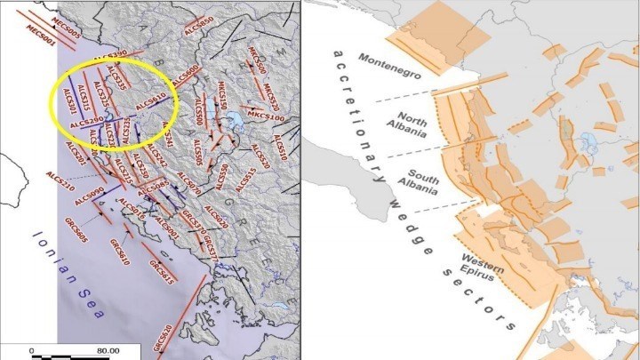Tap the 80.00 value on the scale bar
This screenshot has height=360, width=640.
108,350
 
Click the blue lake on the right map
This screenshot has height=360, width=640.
588,140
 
